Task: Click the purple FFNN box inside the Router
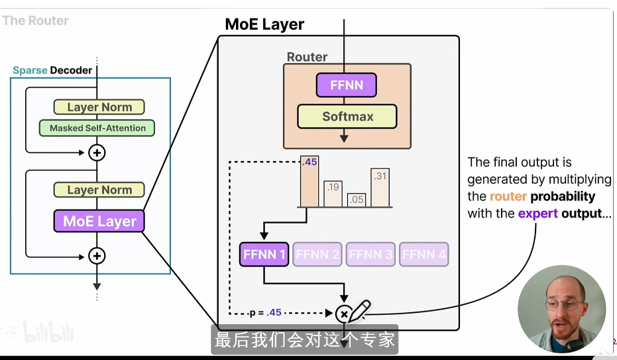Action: point(346,86)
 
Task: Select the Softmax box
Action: point(347,117)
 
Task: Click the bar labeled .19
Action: point(333,194)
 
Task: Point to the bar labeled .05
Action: point(357,200)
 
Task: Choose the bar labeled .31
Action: point(380,187)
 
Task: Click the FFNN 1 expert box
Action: point(264,255)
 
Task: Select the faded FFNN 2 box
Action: point(317,255)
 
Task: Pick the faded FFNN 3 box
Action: point(370,255)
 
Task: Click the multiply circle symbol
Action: point(343,313)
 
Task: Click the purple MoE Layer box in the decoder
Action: point(99,221)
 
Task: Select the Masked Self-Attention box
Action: point(97,128)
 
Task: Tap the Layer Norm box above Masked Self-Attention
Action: point(99,107)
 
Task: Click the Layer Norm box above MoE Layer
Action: point(99,190)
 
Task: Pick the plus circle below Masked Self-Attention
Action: point(97,152)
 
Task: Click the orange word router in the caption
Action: point(508,197)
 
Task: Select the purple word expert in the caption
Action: point(537,213)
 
